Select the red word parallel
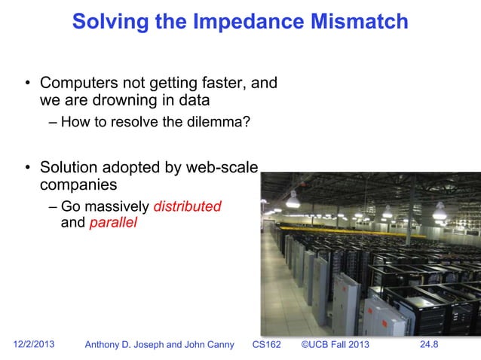pos(113,224)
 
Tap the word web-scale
pos(222,167)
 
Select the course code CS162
pos(266,346)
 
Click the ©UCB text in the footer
pos(315,346)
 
